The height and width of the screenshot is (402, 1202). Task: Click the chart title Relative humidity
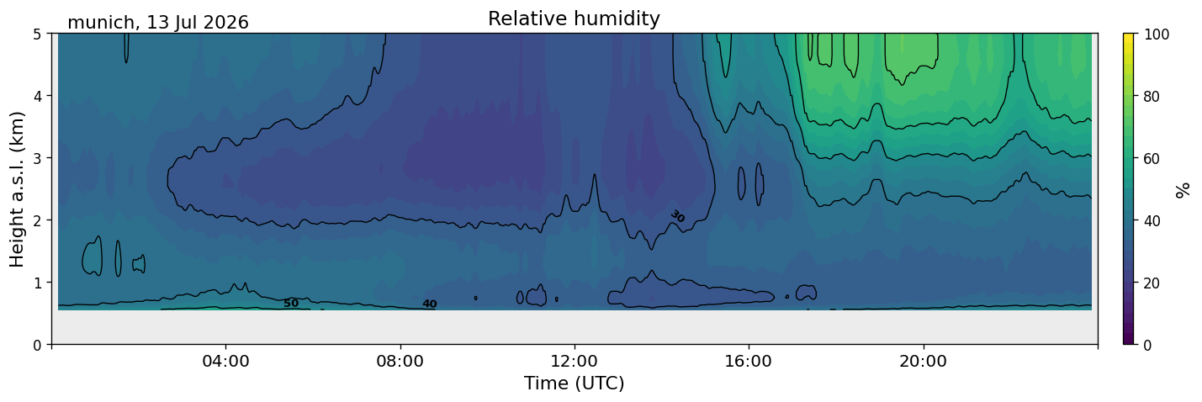click(574, 19)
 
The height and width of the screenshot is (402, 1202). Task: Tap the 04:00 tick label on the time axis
click(226, 361)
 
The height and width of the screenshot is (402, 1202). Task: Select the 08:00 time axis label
click(400, 361)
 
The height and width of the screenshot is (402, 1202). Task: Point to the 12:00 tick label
click(575, 361)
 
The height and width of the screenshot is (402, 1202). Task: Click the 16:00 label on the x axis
click(749, 361)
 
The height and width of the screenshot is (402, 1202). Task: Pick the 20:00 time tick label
click(923, 361)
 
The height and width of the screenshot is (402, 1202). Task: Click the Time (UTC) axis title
click(575, 383)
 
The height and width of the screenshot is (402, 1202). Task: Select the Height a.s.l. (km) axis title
click(17, 189)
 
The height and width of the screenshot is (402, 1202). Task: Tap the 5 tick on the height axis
click(37, 34)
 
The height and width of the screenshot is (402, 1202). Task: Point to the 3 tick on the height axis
click(37, 158)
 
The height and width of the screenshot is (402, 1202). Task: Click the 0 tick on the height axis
click(37, 345)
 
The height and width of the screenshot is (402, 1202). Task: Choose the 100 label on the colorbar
click(1157, 34)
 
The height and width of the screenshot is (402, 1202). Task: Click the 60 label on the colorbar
click(1152, 159)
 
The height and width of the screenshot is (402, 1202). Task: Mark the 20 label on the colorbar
click(1152, 283)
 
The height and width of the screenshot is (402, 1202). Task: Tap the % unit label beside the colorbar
click(1182, 190)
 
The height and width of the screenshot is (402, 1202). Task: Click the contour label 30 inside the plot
click(678, 216)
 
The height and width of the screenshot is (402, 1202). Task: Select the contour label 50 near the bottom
click(291, 304)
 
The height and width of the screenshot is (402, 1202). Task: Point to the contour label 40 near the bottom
click(429, 304)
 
